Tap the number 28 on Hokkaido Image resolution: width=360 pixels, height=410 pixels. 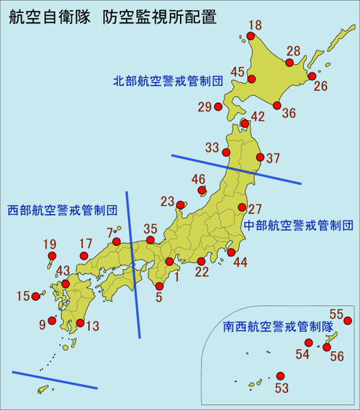coord(293,51)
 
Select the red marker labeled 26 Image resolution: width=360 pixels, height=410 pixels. coord(312,76)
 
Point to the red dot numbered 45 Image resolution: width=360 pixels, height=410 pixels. coord(253,78)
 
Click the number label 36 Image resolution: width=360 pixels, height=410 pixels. coord(289,113)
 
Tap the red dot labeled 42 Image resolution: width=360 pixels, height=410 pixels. coord(245,124)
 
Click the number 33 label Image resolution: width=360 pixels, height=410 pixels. coord(211,147)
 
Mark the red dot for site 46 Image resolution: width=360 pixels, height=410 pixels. coord(202,191)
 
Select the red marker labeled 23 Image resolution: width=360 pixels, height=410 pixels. coord(180,207)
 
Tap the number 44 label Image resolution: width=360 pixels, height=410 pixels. coord(240,263)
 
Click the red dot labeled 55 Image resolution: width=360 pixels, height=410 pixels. coord(348,321)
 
